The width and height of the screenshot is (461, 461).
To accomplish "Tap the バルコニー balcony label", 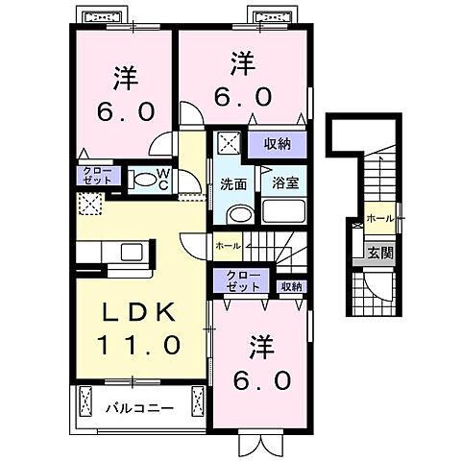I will (138, 408).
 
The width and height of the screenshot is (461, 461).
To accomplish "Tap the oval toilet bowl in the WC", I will (143, 179).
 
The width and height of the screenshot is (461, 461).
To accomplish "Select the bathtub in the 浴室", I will (286, 212).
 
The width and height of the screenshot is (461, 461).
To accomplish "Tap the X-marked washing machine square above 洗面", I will (229, 145).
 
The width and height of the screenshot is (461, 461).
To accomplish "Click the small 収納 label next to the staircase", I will (291, 286).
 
